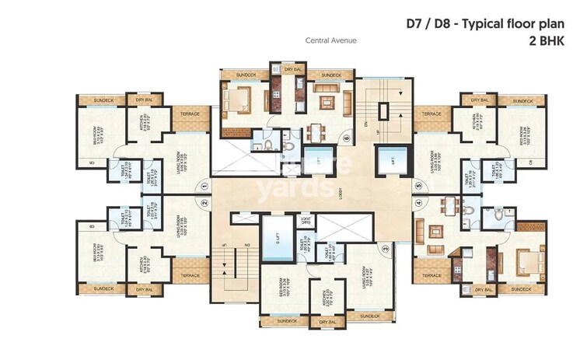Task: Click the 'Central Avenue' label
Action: (330, 40)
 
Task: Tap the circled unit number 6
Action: (346, 140)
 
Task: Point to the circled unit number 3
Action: (384, 249)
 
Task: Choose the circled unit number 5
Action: (418, 186)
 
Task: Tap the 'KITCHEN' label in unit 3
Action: (319, 296)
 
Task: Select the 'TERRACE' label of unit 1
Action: (190, 114)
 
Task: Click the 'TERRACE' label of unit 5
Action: (432, 114)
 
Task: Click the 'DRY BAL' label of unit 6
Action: (292, 69)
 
